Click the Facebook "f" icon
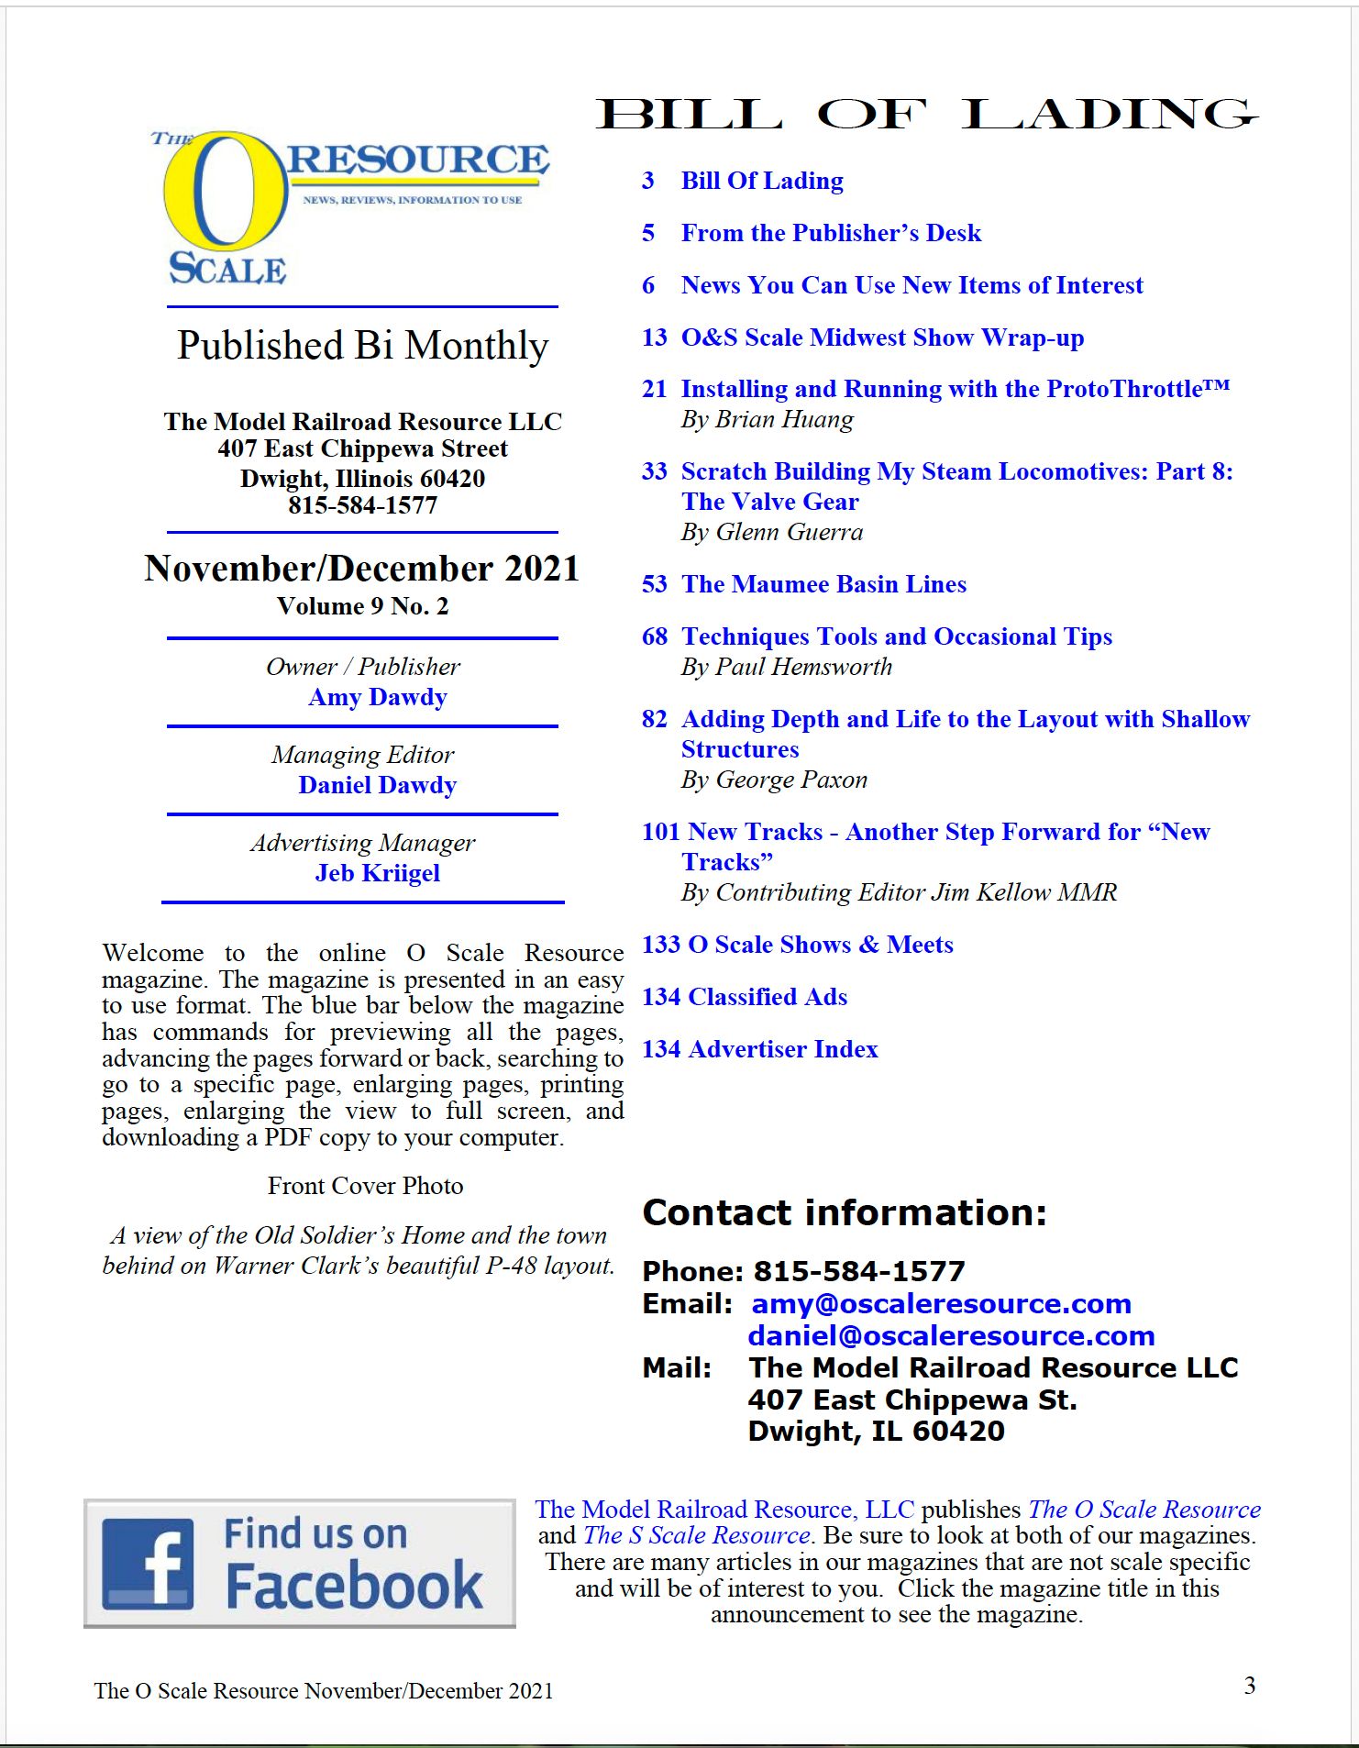click(149, 1565)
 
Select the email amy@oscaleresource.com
click(941, 1303)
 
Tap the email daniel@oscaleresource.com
click(951, 1335)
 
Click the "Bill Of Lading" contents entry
click(761, 181)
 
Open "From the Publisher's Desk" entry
click(830, 233)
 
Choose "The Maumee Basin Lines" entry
click(823, 584)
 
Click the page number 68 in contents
click(655, 636)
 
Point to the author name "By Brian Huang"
click(767, 419)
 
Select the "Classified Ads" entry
click(767, 997)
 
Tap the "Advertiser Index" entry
click(782, 1049)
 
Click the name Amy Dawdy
click(377, 697)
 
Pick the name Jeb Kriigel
click(377, 873)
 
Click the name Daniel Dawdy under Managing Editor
click(377, 785)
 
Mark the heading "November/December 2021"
click(362, 569)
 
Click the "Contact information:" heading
click(844, 1212)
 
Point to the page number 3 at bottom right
click(1249, 1686)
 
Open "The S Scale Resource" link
click(697, 1535)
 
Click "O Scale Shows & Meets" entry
click(820, 945)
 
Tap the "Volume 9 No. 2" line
click(362, 606)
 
